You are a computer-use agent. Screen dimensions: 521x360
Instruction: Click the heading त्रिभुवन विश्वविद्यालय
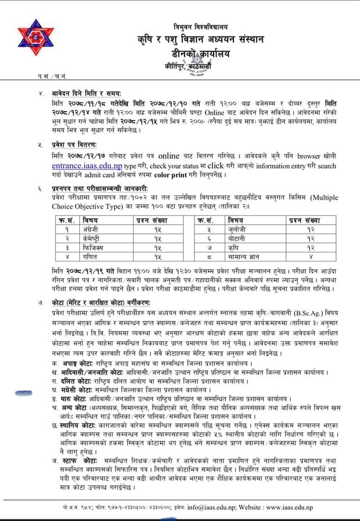point(200,26)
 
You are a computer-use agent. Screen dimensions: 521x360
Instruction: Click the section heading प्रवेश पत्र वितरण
point(71,145)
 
